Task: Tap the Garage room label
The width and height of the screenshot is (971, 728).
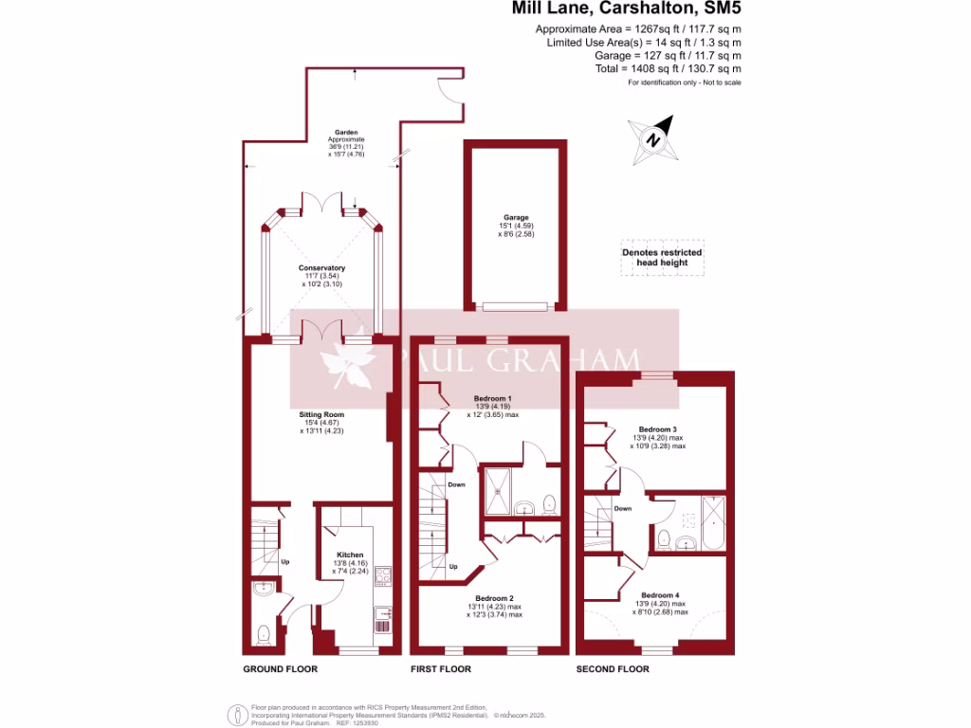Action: point(516,217)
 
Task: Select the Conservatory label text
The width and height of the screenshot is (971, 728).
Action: point(322,268)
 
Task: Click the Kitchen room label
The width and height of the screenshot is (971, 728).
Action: point(350,555)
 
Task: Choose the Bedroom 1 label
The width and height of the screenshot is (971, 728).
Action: point(493,398)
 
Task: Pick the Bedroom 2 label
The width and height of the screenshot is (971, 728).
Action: point(494,598)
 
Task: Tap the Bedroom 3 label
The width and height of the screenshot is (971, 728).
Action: point(657,429)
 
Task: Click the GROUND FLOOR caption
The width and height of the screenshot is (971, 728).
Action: point(280,669)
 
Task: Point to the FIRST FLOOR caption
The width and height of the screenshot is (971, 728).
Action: point(440,669)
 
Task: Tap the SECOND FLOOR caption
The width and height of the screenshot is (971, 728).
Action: point(613,669)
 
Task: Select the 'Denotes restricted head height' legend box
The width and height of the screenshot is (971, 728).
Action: point(662,258)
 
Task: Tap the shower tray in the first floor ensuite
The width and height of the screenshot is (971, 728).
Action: point(496,484)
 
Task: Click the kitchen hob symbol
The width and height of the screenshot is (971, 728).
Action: point(383,575)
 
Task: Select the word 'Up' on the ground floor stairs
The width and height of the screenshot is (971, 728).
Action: point(284,562)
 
